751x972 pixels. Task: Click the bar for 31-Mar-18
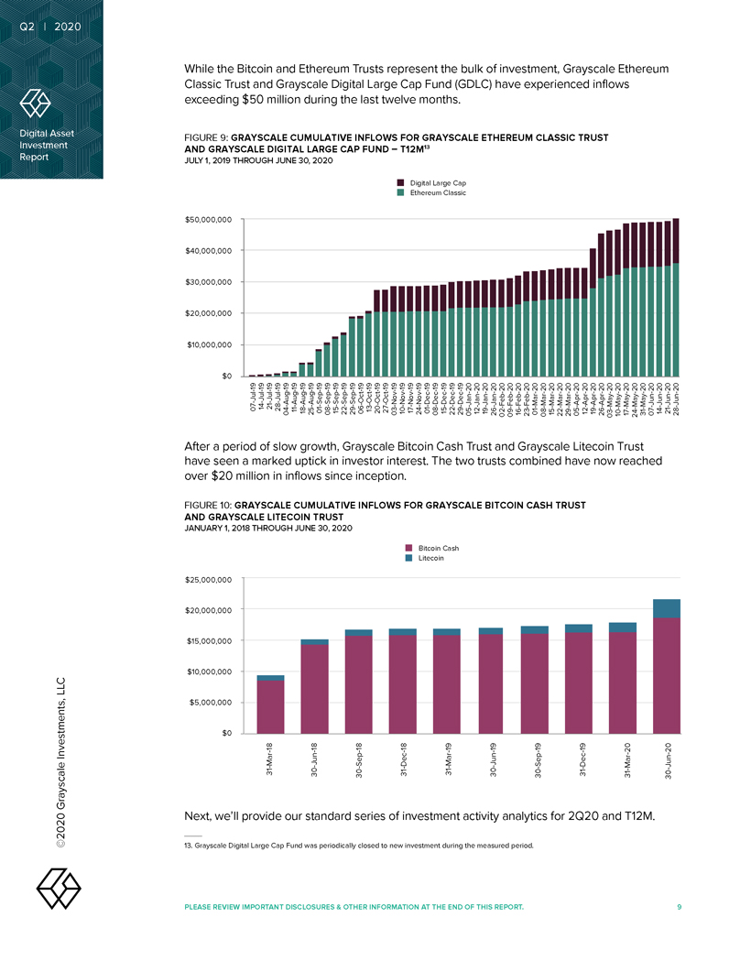click(x=270, y=704)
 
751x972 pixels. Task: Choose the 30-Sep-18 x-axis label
click(x=359, y=761)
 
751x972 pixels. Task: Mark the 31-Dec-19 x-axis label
click(x=580, y=761)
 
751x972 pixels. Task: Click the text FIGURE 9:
click(x=209, y=138)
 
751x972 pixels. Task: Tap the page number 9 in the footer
click(x=679, y=907)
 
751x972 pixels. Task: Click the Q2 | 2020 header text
click(x=50, y=26)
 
